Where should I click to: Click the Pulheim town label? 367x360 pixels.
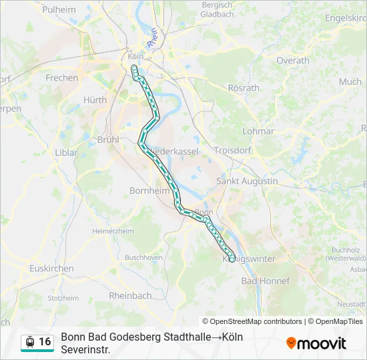(x=59, y=10)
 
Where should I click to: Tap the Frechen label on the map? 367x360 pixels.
(x=61, y=77)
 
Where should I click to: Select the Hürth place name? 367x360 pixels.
(x=95, y=100)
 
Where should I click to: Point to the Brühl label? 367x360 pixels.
(x=107, y=139)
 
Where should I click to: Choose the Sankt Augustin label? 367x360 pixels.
(x=247, y=181)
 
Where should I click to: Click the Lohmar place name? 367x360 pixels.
(x=258, y=131)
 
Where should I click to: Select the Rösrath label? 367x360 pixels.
(x=244, y=87)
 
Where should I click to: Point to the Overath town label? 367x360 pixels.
(x=293, y=60)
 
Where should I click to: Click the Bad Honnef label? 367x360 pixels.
(x=266, y=281)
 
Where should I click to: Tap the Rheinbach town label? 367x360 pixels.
(x=130, y=295)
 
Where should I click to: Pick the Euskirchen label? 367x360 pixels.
(x=51, y=268)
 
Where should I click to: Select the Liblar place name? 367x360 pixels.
(x=66, y=152)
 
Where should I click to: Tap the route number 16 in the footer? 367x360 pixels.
(x=45, y=342)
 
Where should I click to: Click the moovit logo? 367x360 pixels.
(x=316, y=343)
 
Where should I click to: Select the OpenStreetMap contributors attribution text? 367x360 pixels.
(x=252, y=321)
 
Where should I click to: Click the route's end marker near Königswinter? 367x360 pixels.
(x=232, y=259)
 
